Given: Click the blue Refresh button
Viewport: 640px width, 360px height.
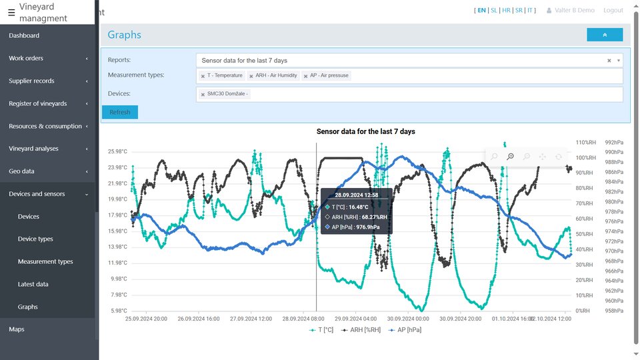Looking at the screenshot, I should (120, 112).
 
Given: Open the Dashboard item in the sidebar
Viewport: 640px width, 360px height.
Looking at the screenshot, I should (24, 35).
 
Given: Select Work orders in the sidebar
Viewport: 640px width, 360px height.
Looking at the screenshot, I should (26, 58).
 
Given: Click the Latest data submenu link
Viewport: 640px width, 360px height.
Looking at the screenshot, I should (33, 284).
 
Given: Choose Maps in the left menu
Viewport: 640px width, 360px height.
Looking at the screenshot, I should (17, 329).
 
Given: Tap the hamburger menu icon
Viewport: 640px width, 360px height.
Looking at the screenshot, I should (11, 13).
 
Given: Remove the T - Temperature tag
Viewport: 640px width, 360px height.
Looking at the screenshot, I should (203, 76).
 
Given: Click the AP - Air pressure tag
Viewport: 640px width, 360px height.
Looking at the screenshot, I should (329, 75).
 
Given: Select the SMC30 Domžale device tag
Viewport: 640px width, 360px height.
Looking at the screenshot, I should (227, 94).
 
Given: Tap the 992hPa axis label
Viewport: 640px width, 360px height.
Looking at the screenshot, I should (614, 142).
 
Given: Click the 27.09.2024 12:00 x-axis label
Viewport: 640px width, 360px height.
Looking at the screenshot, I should (251, 319).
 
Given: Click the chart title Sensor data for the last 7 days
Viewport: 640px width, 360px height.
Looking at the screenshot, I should (365, 131).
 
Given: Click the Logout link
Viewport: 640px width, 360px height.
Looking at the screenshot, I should (613, 11).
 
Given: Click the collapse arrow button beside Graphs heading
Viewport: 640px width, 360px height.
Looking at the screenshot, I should (605, 35).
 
